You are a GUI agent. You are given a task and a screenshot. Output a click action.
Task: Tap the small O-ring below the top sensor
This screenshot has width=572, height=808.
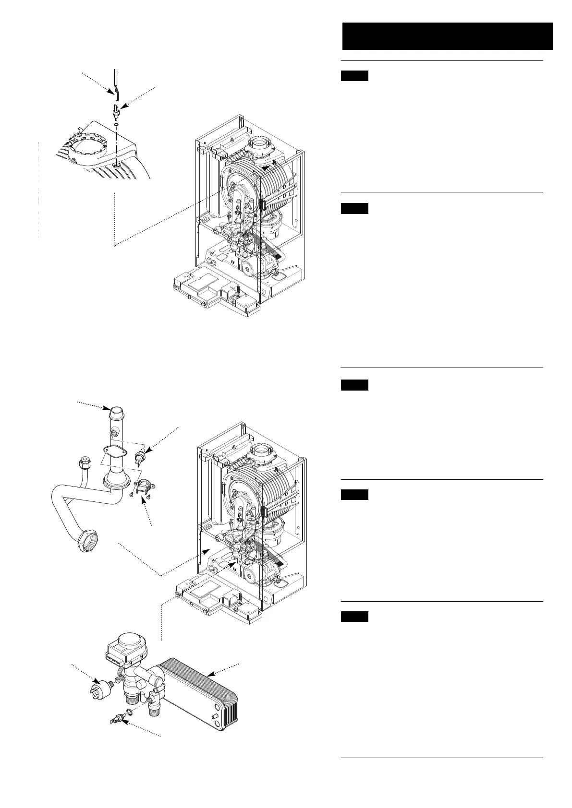[x=116, y=124]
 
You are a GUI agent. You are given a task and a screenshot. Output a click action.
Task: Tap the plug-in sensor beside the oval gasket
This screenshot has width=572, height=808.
[x=140, y=457]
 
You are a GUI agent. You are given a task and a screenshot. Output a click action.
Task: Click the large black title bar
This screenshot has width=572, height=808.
[x=447, y=36]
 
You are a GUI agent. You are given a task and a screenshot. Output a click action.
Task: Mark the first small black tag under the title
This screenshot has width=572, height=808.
[x=355, y=76]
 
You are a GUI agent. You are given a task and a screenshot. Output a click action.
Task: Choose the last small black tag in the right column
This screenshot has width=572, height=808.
[x=355, y=617]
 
